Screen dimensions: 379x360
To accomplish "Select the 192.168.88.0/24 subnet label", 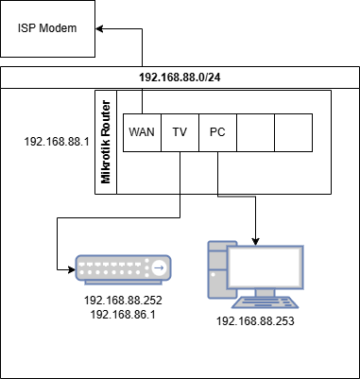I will [x=179, y=78].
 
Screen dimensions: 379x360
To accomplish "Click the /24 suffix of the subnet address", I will [x=214, y=78].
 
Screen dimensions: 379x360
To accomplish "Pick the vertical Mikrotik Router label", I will [x=106, y=143].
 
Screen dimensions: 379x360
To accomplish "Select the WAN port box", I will [x=142, y=133].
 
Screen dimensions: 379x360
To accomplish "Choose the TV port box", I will [x=180, y=133].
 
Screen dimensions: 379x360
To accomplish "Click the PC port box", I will [x=217, y=133].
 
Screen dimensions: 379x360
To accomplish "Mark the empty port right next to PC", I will [x=255, y=133].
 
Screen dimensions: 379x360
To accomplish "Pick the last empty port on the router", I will [x=293, y=133].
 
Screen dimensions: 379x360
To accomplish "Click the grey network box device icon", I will [x=124, y=268].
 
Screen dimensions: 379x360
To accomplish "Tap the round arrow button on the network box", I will [x=158, y=269].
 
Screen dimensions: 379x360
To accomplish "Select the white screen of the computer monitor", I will [x=268, y=269].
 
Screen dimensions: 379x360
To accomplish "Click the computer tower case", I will [x=218, y=269].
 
